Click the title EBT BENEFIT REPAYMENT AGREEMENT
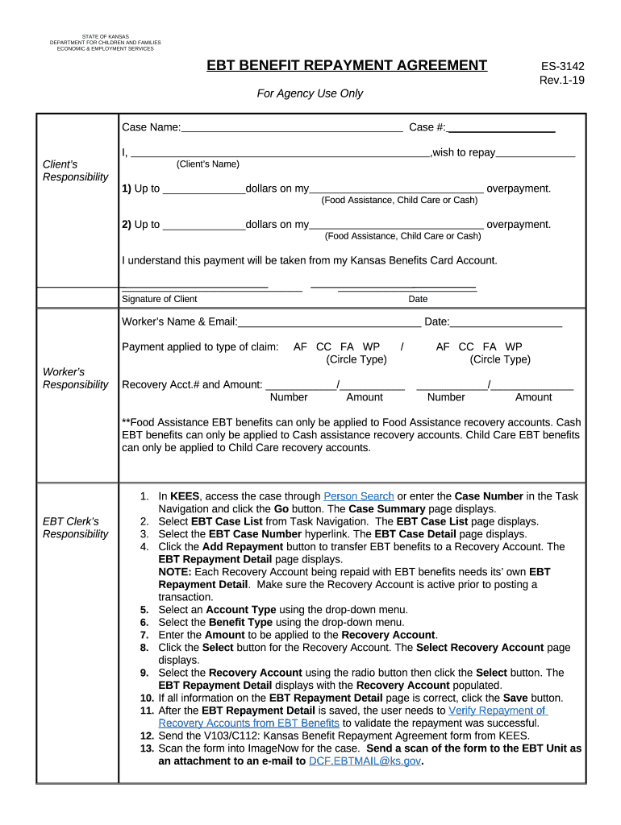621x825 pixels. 347,65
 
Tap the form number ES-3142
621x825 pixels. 562,66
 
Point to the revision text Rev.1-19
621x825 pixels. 561,80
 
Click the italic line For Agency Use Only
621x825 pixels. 310,93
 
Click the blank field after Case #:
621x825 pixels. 501,127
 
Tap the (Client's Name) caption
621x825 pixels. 207,164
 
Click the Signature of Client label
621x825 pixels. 159,299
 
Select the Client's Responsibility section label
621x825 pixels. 75,171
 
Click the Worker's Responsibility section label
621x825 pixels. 75,378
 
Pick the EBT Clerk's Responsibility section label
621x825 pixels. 75,528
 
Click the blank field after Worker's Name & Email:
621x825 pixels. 328,322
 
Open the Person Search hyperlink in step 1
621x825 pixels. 358,496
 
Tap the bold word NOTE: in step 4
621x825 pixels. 176,572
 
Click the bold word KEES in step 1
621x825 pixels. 185,496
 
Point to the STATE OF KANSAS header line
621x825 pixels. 105,35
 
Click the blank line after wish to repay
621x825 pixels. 536,153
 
